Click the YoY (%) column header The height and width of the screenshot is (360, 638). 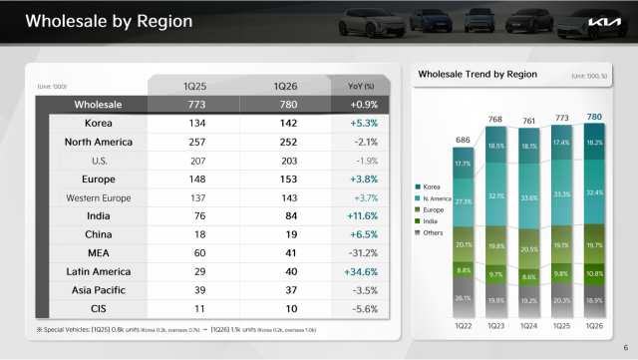363,85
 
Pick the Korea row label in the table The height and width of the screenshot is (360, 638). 98,123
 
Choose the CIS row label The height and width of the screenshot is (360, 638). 98,310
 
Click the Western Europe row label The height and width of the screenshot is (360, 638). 98,197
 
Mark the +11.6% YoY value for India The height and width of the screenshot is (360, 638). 363,216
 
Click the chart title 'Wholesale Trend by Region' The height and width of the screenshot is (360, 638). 478,74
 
